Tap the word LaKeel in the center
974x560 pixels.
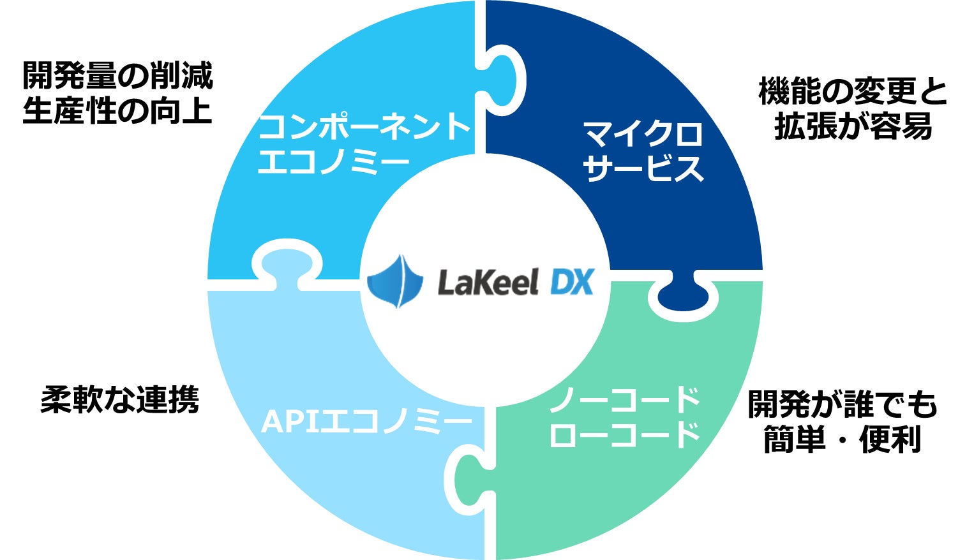click(x=488, y=282)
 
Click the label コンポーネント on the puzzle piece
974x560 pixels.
click(x=364, y=126)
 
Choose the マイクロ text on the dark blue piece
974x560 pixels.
click(x=643, y=134)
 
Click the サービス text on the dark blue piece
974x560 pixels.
click(x=643, y=168)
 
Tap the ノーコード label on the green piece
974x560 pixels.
click(x=624, y=401)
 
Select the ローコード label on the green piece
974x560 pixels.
click(x=624, y=435)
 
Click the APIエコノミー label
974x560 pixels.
click(x=367, y=422)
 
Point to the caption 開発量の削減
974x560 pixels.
click(x=117, y=76)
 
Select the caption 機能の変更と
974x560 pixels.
click(x=853, y=92)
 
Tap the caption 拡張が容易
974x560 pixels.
click(x=853, y=126)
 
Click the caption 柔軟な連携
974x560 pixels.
click(x=120, y=400)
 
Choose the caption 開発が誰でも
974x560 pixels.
click(x=842, y=404)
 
